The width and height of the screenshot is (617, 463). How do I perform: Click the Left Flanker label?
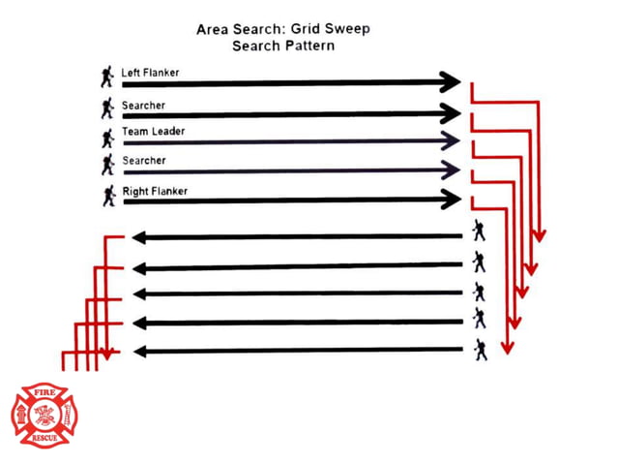150,73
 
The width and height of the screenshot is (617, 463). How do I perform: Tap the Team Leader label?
153,131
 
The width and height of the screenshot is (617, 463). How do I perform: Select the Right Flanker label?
155,191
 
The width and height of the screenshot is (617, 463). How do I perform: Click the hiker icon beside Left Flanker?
106,77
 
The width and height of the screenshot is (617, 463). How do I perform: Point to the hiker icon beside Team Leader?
107,139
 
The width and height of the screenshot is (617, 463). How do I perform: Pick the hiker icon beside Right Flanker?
109,196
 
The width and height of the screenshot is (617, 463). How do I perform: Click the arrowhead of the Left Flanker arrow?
450,82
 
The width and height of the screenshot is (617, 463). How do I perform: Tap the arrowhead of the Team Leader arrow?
450,140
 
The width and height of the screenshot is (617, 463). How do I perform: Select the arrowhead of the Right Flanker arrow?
451,199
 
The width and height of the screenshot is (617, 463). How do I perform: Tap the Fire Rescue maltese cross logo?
44,416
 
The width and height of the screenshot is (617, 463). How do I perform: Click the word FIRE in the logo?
44,392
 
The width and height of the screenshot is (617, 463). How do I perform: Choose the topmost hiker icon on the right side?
479,231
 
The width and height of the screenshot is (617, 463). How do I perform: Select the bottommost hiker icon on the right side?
480,350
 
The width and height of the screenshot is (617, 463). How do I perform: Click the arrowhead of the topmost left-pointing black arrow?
139,237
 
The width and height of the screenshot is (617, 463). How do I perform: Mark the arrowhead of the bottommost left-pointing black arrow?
140,352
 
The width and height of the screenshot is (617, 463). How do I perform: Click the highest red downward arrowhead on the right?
539,236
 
